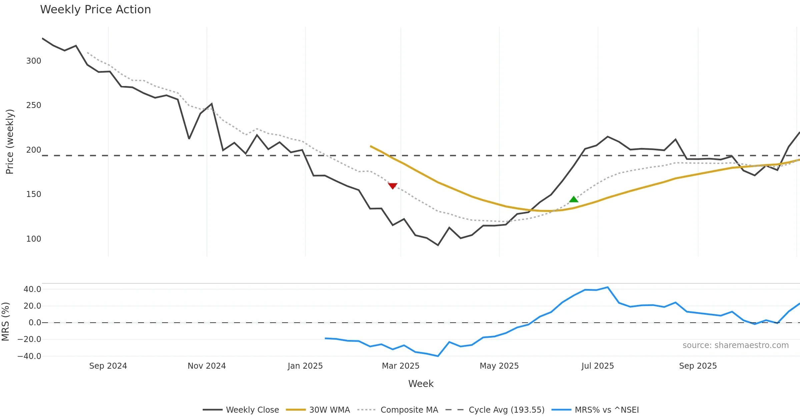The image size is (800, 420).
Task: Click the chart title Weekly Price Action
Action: (95, 10)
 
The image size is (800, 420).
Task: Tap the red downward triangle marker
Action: (393, 186)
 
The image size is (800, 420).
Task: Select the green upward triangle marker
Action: (574, 199)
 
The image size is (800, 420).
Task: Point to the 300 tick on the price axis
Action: (34, 61)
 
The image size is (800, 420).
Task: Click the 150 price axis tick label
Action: (34, 194)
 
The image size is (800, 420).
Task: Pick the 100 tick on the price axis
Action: (34, 239)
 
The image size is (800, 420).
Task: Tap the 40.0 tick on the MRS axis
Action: (32, 289)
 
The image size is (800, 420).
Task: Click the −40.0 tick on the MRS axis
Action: (29, 356)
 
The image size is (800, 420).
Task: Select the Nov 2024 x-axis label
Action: (207, 366)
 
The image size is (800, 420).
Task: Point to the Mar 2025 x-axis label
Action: (400, 366)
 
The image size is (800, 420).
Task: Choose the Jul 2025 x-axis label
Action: (598, 366)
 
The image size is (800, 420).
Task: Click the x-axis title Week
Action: (421, 384)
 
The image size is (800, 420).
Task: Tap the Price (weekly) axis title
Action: (10, 142)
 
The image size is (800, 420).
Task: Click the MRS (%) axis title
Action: (5, 322)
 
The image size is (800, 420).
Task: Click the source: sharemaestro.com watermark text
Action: (735, 345)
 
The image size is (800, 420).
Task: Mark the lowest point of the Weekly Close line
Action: (438, 245)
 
